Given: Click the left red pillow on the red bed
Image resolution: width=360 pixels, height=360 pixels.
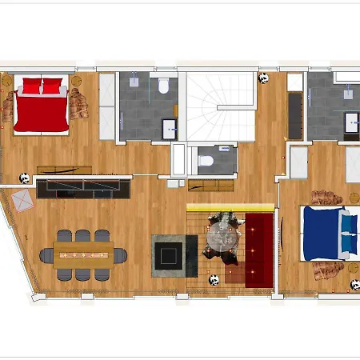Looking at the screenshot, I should tap(30, 83).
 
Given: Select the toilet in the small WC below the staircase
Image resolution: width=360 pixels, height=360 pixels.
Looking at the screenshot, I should tap(205, 161).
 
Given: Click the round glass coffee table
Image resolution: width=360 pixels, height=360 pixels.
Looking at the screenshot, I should tap(222, 235).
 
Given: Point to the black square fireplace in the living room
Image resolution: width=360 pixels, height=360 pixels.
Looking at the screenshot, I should tap(170, 254).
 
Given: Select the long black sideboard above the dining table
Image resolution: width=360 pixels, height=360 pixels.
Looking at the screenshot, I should tap(83, 188).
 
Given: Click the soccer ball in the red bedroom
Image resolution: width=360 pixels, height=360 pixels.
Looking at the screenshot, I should tap(25, 179).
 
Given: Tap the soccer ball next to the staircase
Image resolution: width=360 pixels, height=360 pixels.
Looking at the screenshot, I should tap(263, 78).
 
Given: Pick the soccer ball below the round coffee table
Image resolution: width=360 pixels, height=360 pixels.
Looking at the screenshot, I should tap(214, 279).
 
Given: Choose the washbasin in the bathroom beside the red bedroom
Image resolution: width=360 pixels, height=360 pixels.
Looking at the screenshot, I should tap(170, 129).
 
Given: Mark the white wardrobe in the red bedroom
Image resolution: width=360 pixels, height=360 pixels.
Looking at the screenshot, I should tap(106, 108).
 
